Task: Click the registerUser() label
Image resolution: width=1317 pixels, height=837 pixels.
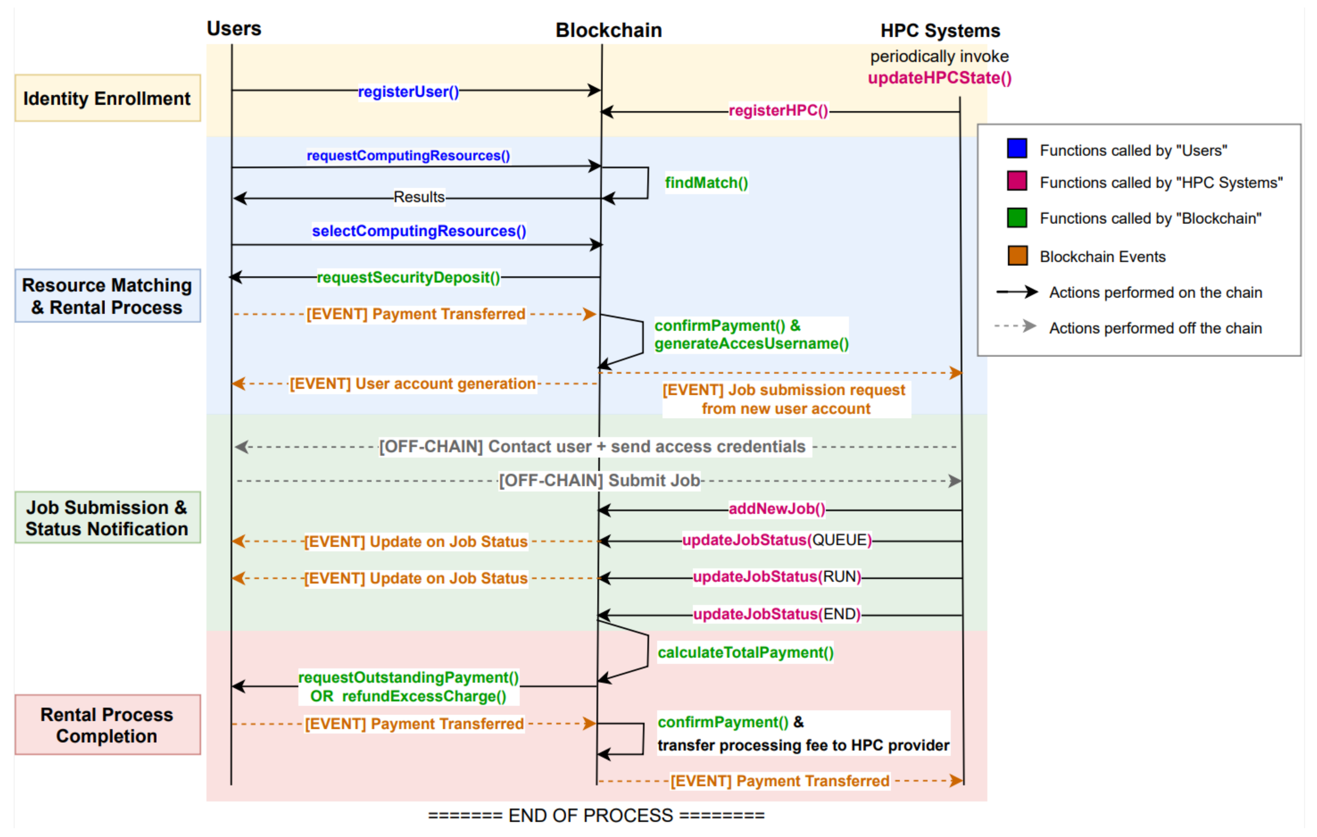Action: click(408, 91)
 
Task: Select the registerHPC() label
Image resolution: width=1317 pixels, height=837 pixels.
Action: click(778, 111)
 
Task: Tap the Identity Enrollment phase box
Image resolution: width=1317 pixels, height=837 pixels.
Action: click(107, 98)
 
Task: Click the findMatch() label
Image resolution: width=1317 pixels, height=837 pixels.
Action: click(706, 183)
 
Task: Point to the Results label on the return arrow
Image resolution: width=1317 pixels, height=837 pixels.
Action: click(419, 197)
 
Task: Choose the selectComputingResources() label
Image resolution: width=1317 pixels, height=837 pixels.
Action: click(419, 231)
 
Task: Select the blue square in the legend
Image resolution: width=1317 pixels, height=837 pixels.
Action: click(1017, 149)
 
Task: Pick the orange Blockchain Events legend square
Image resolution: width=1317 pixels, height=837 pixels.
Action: click(1017, 256)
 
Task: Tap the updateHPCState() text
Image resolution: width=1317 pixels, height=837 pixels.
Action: click(939, 78)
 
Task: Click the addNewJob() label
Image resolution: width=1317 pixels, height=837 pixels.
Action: click(777, 509)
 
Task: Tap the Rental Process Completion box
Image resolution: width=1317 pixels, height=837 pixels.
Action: click(107, 725)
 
